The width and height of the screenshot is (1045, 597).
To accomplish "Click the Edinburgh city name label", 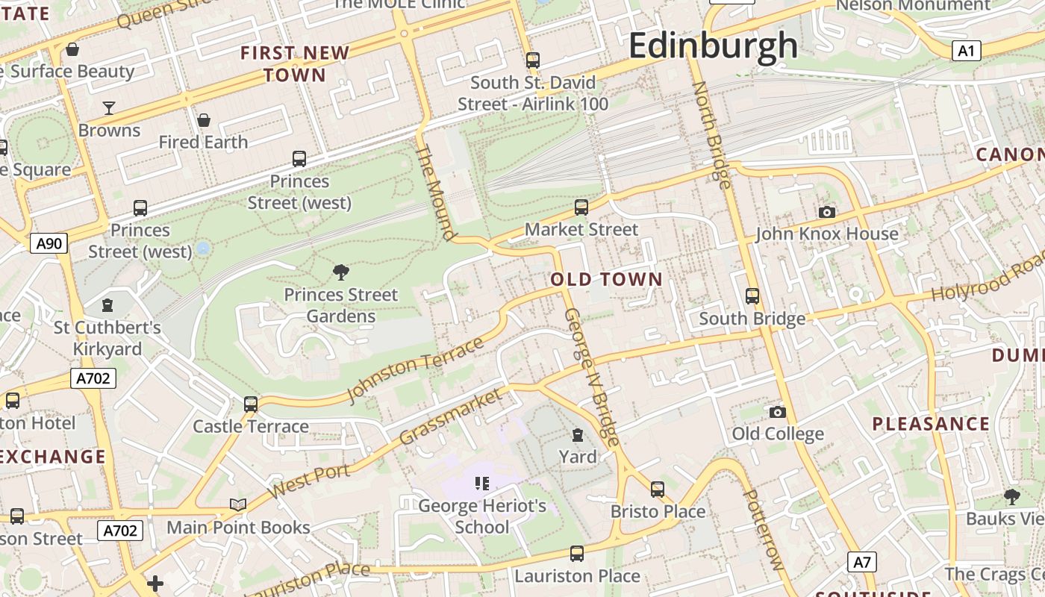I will pyautogui.click(x=713, y=45).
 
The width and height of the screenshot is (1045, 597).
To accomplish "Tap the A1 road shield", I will pyautogui.click(x=966, y=51).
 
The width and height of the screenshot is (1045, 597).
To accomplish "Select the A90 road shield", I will pyautogui.click(x=49, y=243).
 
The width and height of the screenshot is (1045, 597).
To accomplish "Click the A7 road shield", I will pyautogui.click(x=861, y=562).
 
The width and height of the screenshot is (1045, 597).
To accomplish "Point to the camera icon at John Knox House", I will pyautogui.click(x=826, y=213).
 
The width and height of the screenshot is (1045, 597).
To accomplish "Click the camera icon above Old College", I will pyautogui.click(x=777, y=412).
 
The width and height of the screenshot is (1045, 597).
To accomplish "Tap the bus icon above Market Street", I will pyautogui.click(x=581, y=207).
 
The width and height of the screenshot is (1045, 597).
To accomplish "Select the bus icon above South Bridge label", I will pyautogui.click(x=752, y=296).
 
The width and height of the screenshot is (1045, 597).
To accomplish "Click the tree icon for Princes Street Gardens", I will pyautogui.click(x=341, y=272).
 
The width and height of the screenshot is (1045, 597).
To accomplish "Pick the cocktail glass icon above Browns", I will pyautogui.click(x=109, y=108).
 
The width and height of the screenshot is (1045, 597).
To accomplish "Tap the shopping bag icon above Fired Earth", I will pyautogui.click(x=203, y=120).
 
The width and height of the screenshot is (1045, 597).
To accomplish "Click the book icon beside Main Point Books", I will pyautogui.click(x=238, y=505).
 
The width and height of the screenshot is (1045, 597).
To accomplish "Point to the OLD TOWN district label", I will pyautogui.click(x=606, y=280).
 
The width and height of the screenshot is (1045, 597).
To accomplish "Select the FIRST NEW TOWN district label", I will pyautogui.click(x=295, y=63).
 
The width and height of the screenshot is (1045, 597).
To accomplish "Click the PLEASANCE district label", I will pyautogui.click(x=931, y=424).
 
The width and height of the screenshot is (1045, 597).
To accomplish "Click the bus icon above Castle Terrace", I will pyautogui.click(x=251, y=404).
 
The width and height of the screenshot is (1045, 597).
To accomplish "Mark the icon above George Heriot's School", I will pyautogui.click(x=481, y=484).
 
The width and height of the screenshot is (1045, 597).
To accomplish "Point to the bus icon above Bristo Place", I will pyautogui.click(x=657, y=490).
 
